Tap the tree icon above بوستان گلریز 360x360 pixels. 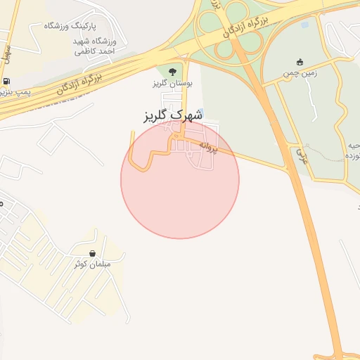click(x=172, y=71)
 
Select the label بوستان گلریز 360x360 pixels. click(x=171, y=83)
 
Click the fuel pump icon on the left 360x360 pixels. click(x=7, y=81)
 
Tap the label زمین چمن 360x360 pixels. click(x=300, y=72)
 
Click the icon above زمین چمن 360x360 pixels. click(x=300, y=61)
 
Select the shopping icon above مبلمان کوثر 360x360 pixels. click(x=93, y=253)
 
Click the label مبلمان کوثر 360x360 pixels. click(x=93, y=264)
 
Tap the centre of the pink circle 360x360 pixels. click(x=180, y=180)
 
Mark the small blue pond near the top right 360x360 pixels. click(x=304, y=25)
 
